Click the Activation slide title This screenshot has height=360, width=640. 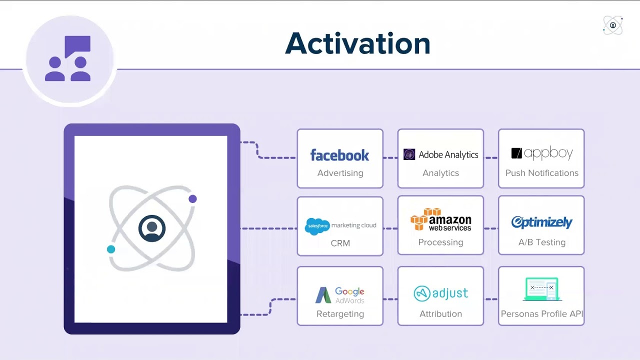(357, 43)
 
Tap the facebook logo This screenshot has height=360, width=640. (339, 155)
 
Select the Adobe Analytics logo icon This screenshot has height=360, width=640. (409, 154)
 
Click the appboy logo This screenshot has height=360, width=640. (541, 153)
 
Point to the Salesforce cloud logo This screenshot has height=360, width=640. (317, 226)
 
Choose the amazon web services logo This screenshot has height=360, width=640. (440, 220)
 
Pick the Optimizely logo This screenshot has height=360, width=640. (541, 222)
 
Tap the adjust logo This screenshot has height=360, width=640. (440, 293)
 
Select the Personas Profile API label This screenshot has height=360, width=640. (541, 314)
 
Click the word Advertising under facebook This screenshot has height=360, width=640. (340, 173)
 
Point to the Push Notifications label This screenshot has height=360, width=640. (541, 173)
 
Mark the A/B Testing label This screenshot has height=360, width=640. (541, 242)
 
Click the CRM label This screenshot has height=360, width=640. (340, 243)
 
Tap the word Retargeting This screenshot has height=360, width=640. (340, 314)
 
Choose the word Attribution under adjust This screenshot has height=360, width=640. (440, 314)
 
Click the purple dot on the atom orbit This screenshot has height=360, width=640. (192, 199)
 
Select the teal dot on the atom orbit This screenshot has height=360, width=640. (111, 249)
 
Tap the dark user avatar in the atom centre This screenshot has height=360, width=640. (152, 228)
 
